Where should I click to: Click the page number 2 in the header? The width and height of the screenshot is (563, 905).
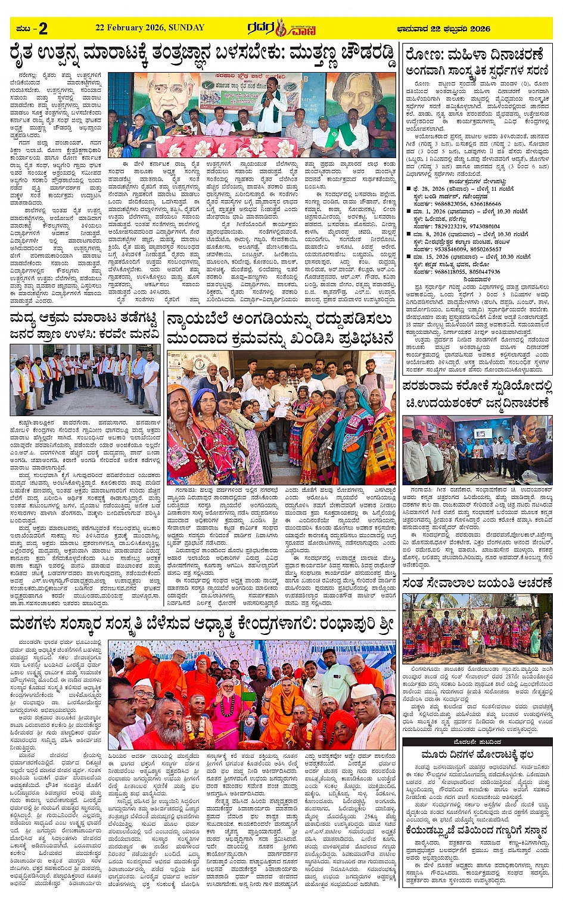point(42,28)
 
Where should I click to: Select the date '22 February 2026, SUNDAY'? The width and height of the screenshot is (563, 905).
point(150,27)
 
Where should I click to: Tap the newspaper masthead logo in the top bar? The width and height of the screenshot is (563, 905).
point(282,27)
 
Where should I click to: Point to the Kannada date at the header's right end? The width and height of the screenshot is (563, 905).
point(443,28)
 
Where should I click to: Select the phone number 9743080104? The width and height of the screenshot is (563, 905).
point(475,227)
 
